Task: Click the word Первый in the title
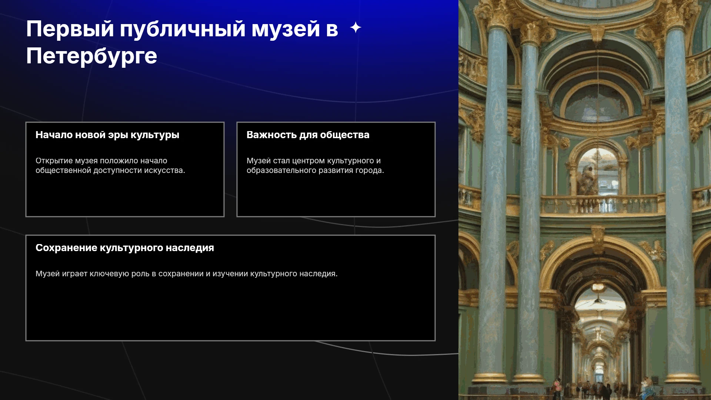[70, 29]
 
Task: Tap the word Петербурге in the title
[91, 56]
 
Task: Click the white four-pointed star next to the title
[355, 27]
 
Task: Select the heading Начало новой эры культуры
[107, 135]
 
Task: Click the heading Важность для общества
[308, 135]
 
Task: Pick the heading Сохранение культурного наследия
[125, 248]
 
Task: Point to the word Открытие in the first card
[54, 161]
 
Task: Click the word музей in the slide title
[286, 29]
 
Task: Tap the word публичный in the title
[183, 29]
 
